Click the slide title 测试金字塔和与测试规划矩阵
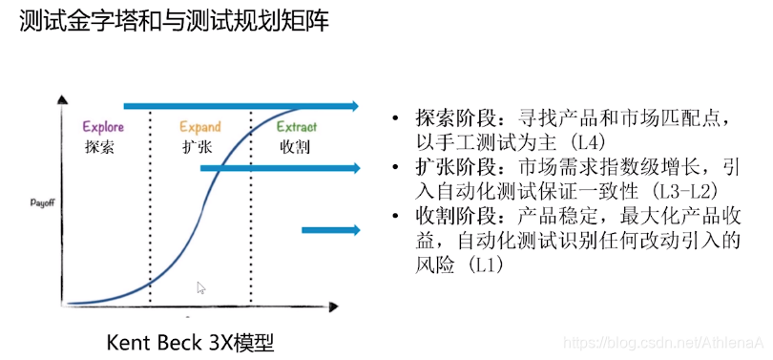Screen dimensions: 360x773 point(174,21)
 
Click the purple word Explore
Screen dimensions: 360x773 point(103,127)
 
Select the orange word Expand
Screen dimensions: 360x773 point(200,127)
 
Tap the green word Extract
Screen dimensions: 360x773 point(297,127)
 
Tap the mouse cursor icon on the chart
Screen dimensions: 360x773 point(201,287)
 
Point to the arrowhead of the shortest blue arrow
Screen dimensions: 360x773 point(354,229)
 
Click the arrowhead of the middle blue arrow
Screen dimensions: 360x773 point(354,168)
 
